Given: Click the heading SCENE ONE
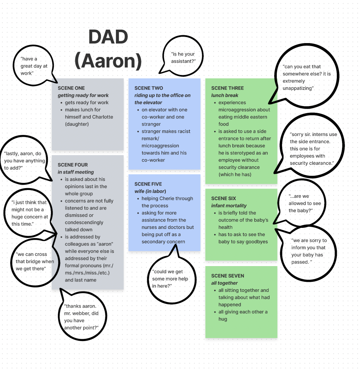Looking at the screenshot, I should point(71,88).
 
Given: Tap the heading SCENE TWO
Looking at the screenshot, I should point(148,88).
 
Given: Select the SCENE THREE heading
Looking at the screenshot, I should point(227,88).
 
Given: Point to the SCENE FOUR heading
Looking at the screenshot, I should point(73,165).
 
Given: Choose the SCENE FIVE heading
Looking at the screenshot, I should point(148,184).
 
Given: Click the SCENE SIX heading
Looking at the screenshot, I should point(223,198).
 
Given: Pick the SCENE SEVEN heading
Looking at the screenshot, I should point(228,276).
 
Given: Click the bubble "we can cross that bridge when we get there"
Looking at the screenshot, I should point(34,262).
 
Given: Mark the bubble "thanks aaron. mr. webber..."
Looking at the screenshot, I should point(81,317).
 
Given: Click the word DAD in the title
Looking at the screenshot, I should point(108,37).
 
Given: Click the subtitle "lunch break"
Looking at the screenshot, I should point(225,95).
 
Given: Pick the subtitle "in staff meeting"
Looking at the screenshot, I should point(76,172).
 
